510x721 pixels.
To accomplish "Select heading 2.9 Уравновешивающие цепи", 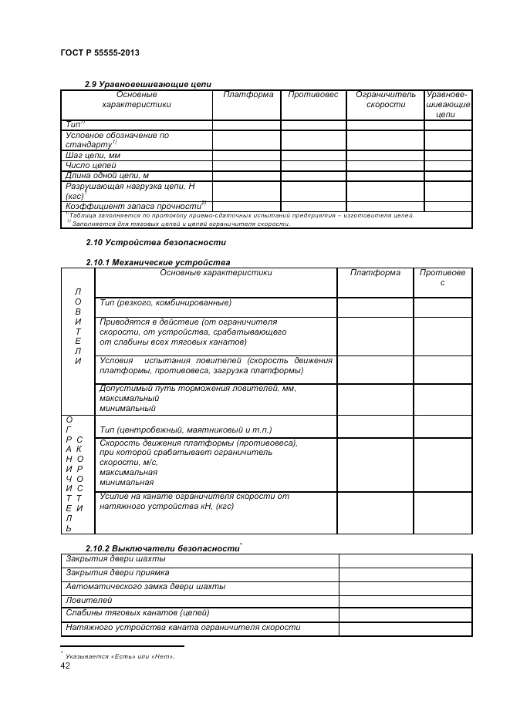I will tap(147, 84).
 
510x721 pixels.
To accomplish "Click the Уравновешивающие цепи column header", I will tap(448, 104).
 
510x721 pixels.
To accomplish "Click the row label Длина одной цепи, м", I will tap(106, 176).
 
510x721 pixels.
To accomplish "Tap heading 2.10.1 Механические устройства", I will tap(157, 262).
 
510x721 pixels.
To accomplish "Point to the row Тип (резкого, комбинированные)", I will tap(165, 302).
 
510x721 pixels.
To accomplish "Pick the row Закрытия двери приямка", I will tap(117, 572).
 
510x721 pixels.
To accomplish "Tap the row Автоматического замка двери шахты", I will tap(145, 586).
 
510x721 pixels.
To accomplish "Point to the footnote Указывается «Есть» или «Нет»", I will tap(120, 656).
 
